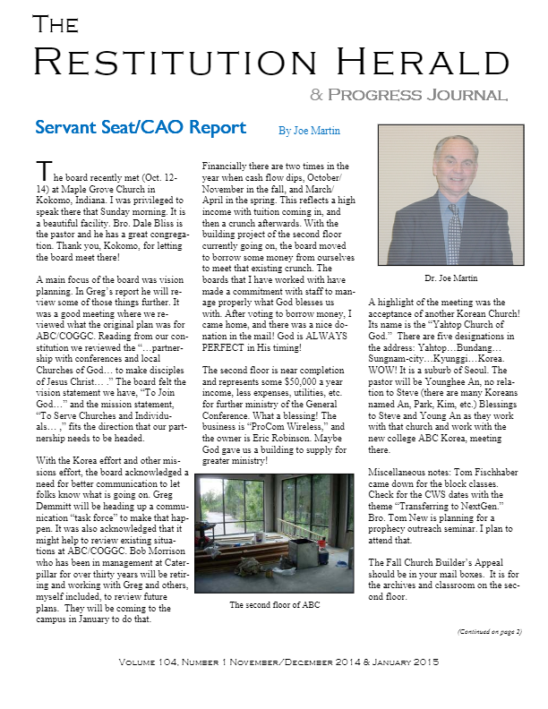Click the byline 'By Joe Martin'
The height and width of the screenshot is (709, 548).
tap(309, 131)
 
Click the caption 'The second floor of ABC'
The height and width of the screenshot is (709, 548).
tap(275, 605)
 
